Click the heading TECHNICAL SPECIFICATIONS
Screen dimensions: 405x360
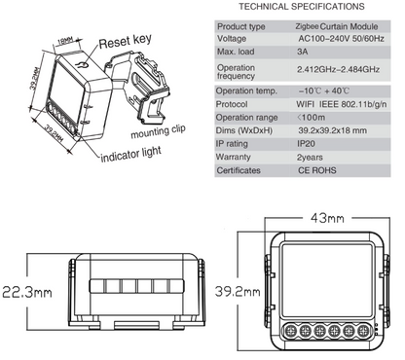click(302, 7)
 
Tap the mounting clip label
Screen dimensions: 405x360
click(158, 131)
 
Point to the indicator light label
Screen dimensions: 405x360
click(131, 154)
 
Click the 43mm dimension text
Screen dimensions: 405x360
click(327, 218)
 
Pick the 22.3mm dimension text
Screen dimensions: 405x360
click(27, 292)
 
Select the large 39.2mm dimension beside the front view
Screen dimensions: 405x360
click(238, 291)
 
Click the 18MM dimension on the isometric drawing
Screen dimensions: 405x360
click(65, 41)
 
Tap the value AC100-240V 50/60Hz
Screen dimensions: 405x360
click(341, 39)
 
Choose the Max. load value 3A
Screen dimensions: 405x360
click(303, 52)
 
